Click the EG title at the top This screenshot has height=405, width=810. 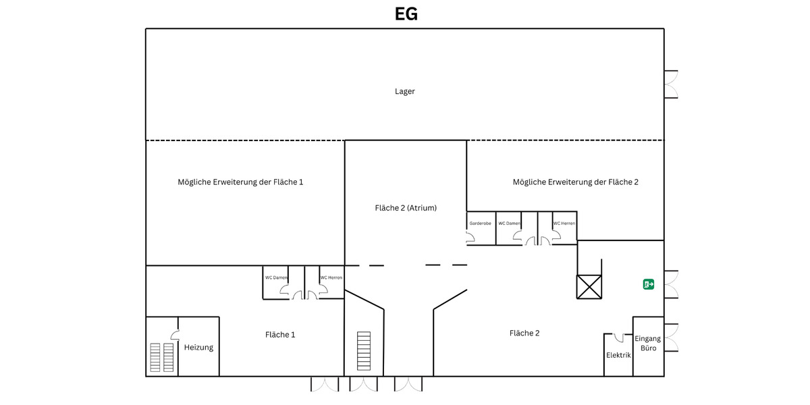pyautogui.click(x=406, y=13)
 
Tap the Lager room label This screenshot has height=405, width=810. pyautogui.click(x=405, y=91)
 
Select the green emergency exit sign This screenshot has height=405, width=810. pyautogui.click(x=648, y=284)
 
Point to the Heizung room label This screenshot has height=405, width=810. pyautogui.click(x=198, y=347)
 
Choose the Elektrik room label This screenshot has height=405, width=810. pyautogui.click(x=618, y=355)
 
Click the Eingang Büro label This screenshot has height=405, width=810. pyautogui.click(x=648, y=344)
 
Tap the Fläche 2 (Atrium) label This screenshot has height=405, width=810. pyautogui.click(x=406, y=208)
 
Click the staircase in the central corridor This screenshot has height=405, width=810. pyautogui.click(x=364, y=351)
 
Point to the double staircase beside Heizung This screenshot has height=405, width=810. pyautogui.click(x=162, y=357)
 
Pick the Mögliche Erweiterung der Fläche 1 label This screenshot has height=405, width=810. pyautogui.click(x=240, y=182)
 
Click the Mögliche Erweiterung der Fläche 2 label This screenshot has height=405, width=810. pyautogui.click(x=575, y=182)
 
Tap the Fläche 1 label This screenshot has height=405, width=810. pyautogui.click(x=279, y=334)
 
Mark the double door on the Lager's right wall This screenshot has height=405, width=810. pyautogui.click(x=671, y=84)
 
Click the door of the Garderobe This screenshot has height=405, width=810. pyautogui.click(x=470, y=237)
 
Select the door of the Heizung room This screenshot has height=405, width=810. pyautogui.click(x=175, y=335)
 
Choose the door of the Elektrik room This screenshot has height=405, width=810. pyautogui.click(x=618, y=337)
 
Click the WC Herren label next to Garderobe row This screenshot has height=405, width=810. pyautogui.click(x=564, y=223)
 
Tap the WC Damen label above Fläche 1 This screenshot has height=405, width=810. pyautogui.click(x=276, y=277)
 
